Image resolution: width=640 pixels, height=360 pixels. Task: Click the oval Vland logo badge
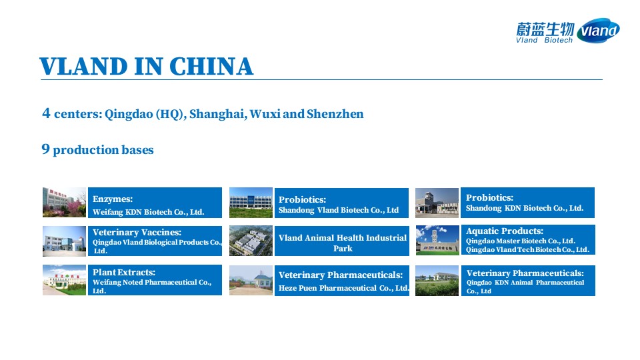point(599,30)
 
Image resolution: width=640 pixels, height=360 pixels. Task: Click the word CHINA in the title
point(211,67)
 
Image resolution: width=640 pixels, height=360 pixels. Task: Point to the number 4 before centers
point(46,113)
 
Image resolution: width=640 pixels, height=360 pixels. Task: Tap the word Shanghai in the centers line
point(218,113)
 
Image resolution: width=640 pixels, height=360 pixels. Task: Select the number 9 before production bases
point(46,149)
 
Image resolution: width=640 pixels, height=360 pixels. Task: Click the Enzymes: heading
point(113,199)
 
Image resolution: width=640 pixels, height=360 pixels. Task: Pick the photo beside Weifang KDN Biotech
point(64,203)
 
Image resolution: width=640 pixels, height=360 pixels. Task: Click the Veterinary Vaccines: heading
point(137,232)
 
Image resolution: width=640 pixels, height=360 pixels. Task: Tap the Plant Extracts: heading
point(124,272)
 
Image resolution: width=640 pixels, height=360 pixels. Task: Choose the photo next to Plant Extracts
point(64,280)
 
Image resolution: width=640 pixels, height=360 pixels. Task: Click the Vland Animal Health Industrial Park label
point(343,243)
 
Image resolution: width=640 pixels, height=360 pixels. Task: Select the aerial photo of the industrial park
point(251,241)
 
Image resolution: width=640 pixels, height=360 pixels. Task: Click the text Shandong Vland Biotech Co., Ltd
point(339,210)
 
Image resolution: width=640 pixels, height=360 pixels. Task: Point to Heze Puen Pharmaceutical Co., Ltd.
point(344,288)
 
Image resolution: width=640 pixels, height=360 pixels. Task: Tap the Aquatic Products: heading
point(505,231)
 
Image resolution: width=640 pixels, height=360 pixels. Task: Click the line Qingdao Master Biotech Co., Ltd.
point(521,241)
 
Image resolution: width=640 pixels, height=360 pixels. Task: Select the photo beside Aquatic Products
point(437,240)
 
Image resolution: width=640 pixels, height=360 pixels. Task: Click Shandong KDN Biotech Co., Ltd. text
point(525,208)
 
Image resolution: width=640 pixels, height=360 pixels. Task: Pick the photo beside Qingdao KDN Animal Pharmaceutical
point(437,281)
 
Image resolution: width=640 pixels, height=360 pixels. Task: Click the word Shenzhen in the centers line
point(335,113)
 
